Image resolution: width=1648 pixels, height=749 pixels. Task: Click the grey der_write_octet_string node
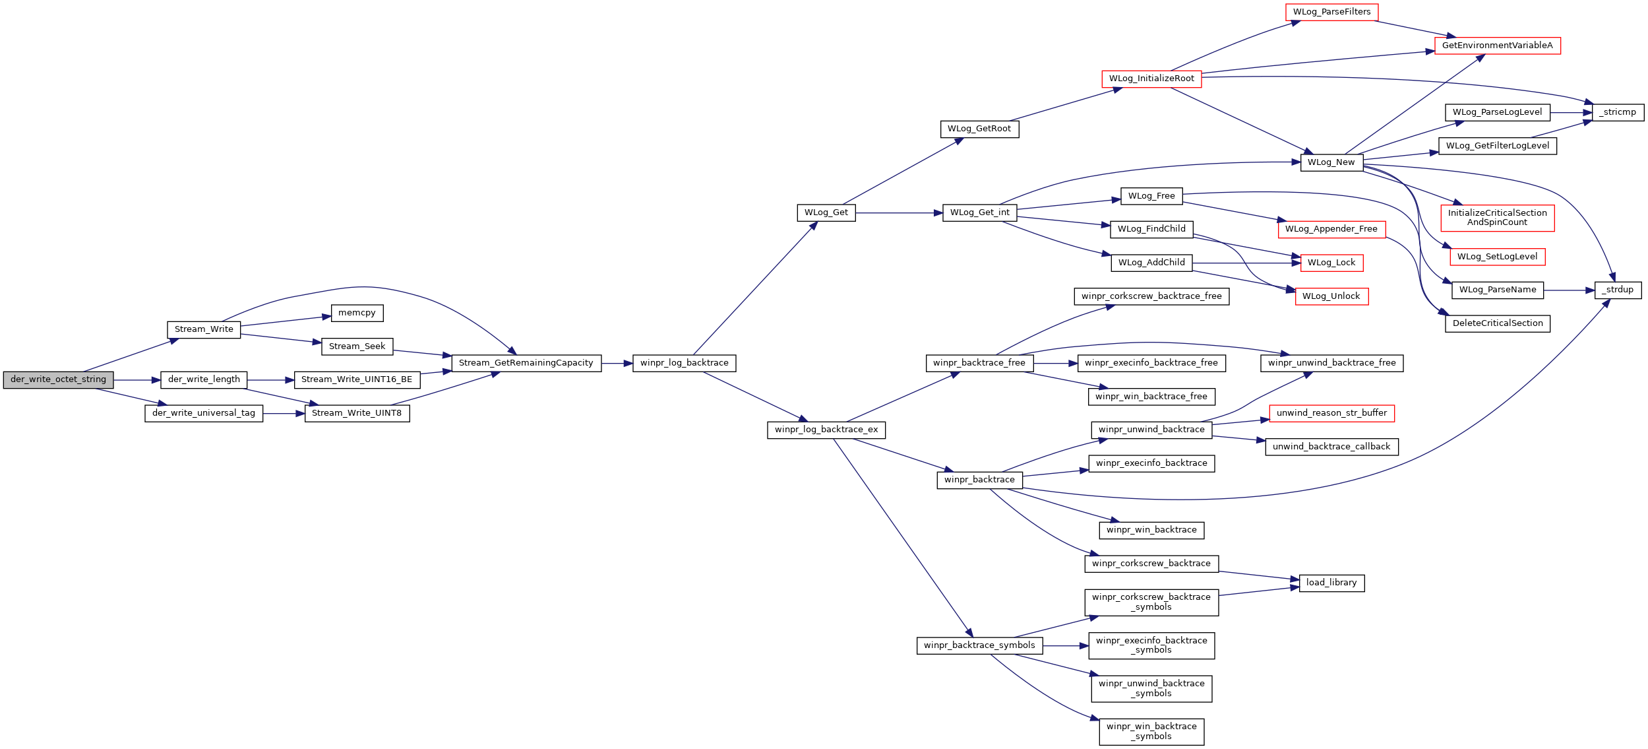coord(58,380)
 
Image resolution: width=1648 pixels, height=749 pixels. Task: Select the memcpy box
coord(357,313)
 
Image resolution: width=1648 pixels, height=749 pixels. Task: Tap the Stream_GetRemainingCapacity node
coord(526,363)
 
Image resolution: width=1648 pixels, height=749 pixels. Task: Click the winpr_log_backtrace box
coord(684,363)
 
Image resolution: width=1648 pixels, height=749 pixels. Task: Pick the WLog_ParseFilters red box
coord(1331,12)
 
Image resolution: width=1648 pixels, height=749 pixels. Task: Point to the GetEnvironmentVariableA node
coord(1497,46)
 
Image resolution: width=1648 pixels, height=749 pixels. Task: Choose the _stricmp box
coord(1618,112)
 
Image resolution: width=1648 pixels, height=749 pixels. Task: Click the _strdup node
coord(1618,290)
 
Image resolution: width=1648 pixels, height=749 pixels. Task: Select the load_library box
coord(1331,583)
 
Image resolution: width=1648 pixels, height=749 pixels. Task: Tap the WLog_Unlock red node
coord(1331,296)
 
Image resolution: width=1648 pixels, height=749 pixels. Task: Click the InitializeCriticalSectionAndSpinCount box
coord(1497,218)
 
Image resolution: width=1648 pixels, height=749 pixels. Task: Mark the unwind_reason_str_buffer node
coord(1331,413)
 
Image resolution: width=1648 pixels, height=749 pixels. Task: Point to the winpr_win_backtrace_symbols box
coord(1151,732)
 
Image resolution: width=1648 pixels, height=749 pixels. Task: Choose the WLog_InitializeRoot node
coord(1151,79)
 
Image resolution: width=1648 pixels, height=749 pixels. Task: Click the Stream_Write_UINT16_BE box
coord(357,379)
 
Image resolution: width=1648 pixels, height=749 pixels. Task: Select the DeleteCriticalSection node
coord(1497,323)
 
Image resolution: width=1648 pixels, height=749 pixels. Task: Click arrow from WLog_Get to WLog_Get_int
coord(899,213)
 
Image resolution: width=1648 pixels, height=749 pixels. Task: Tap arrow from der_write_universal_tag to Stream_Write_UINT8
coord(284,414)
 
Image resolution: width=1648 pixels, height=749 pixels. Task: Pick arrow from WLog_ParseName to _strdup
coord(1569,290)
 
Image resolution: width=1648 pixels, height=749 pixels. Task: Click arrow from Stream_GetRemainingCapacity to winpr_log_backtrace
coord(617,364)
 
